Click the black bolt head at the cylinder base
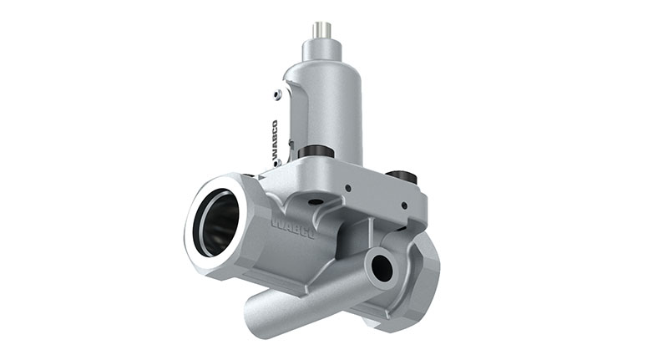315,152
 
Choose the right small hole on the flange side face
404,205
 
